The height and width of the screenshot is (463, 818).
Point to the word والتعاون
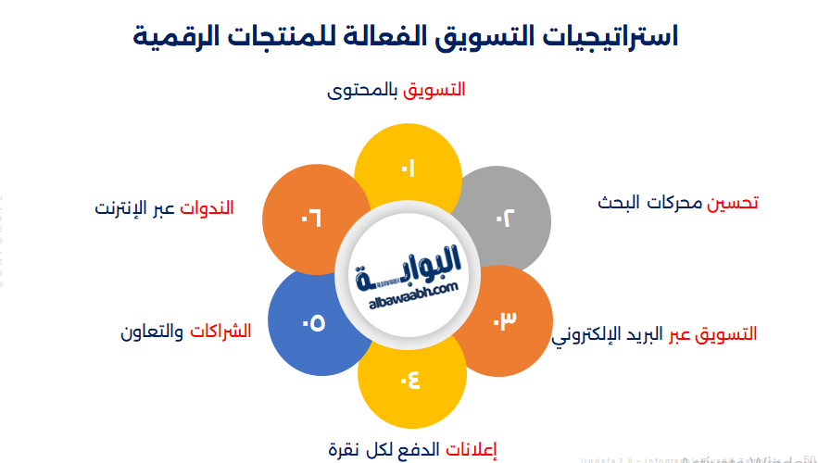tap(151, 331)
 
